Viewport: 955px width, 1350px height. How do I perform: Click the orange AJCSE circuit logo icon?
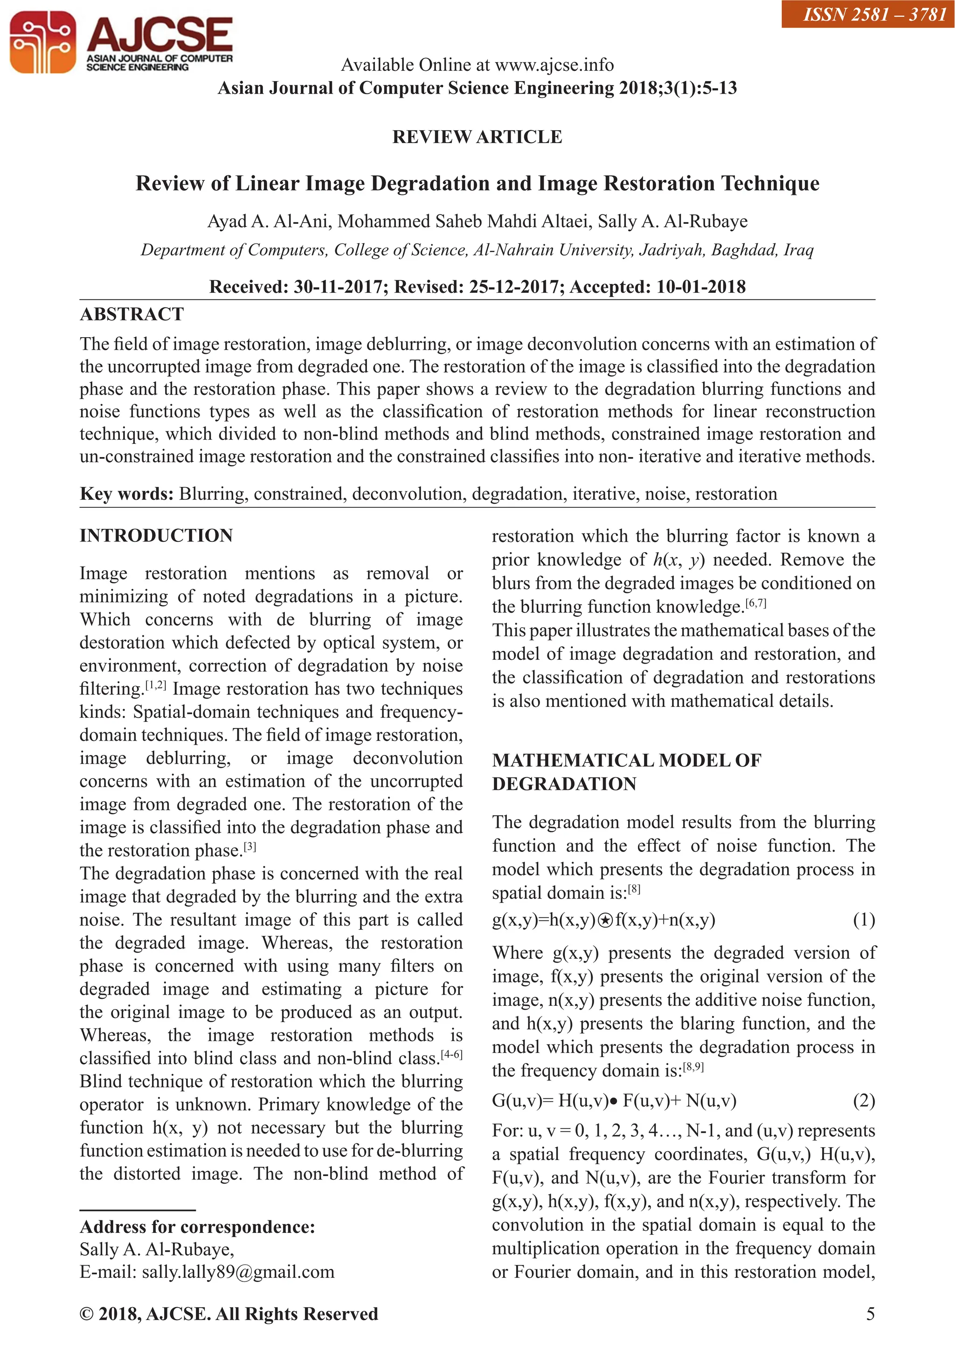[x=42, y=42]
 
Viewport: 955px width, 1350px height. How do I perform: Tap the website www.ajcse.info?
[x=554, y=65]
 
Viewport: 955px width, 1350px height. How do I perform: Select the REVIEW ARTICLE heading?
[x=477, y=137]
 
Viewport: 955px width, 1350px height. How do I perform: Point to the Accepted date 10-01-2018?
[x=700, y=287]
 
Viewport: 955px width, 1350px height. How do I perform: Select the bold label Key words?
[x=126, y=494]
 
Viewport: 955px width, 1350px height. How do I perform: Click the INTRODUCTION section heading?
[x=156, y=536]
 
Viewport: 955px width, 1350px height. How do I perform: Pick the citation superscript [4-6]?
[x=452, y=1055]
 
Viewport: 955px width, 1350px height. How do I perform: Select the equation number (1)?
[x=863, y=920]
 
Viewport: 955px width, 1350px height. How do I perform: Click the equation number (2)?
[x=863, y=1100]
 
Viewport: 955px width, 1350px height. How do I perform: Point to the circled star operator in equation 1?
[x=604, y=921]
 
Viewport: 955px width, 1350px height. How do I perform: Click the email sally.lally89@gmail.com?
[x=237, y=1272]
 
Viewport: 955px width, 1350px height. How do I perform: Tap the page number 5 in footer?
[x=870, y=1314]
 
